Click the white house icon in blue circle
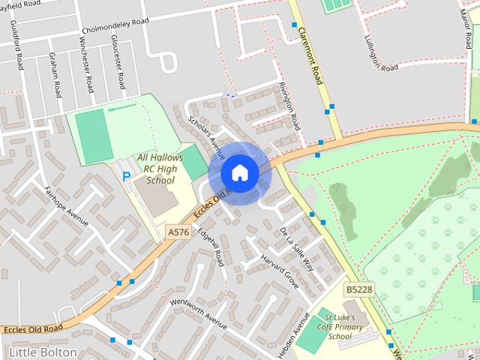239,173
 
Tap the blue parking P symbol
126,177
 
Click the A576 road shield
178,232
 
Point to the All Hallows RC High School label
157,169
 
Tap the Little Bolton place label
43,352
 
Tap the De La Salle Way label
295,244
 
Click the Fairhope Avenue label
66,206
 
